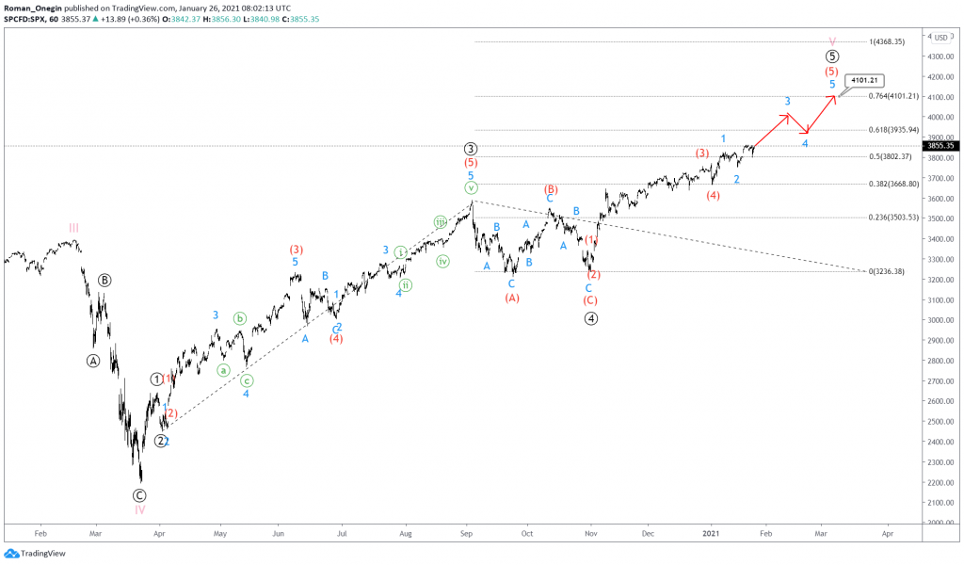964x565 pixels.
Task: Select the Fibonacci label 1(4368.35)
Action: pos(887,41)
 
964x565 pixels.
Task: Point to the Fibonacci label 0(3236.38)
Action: pos(886,271)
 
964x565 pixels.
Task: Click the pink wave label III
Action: pos(73,227)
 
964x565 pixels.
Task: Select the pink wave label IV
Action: pos(139,509)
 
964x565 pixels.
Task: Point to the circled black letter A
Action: pos(92,361)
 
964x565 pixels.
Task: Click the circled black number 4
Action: pos(590,318)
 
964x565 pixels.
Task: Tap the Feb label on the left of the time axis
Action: pos(40,532)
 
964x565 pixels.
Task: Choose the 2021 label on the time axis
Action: pos(712,532)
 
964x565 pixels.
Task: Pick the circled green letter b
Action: pos(240,318)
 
